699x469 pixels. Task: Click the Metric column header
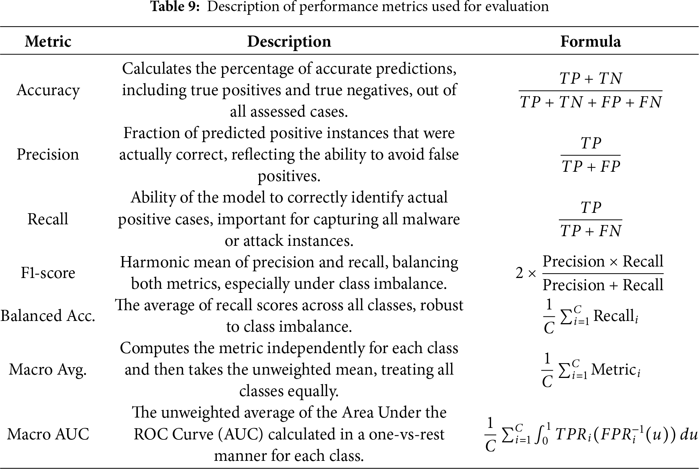48,41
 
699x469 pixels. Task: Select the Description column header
289,41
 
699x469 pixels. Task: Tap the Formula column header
590,41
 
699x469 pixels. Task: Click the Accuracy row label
48,90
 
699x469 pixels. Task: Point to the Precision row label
48,154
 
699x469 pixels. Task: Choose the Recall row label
48,219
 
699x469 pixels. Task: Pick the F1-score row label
48,273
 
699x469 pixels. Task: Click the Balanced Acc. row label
48,316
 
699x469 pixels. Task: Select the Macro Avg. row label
48,369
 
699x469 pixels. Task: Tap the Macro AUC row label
48,434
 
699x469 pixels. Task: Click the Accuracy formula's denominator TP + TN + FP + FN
590,102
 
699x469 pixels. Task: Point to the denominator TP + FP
590,167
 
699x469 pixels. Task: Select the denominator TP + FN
590,231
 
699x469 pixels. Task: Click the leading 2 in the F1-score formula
519,274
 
